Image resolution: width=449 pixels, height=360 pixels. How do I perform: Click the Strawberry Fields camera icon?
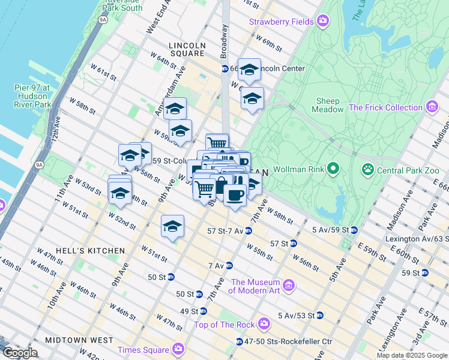click(x=323, y=22)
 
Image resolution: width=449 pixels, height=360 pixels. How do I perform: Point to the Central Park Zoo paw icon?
click(x=367, y=170)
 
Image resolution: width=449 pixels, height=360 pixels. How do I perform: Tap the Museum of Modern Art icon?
click(x=289, y=284)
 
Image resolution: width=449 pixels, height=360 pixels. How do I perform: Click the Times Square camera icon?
click(x=178, y=349)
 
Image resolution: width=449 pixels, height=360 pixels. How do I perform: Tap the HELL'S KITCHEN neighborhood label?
click(x=89, y=251)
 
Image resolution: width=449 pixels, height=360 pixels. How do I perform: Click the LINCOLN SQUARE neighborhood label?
click(x=186, y=49)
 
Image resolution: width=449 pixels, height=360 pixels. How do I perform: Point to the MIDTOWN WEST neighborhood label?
click(x=83, y=340)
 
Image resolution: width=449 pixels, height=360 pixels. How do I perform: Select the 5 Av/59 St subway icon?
click(x=354, y=230)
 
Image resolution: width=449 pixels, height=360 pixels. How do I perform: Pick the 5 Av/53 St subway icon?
click(x=320, y=315)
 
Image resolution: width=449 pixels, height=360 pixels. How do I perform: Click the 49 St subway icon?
click(x=203, y=311)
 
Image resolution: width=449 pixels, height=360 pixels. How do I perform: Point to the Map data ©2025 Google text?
click(x=412, y=355)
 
